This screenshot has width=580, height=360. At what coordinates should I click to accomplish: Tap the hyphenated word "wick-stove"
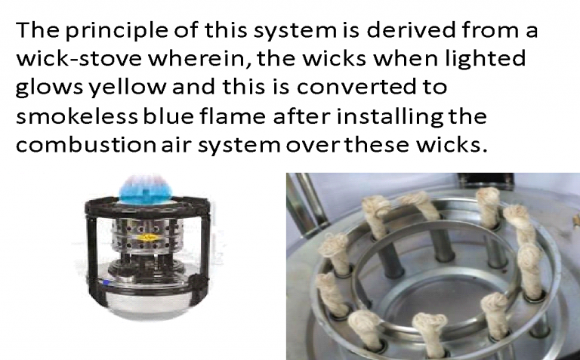point(79,59)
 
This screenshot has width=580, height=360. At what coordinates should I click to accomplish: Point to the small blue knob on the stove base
point(106,282)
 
